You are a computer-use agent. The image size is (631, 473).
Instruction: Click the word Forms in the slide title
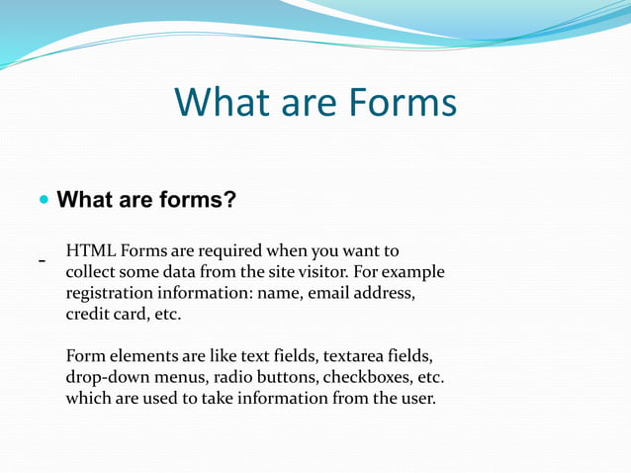[x=401, y=103]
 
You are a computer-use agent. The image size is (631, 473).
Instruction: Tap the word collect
[x=92, y=271]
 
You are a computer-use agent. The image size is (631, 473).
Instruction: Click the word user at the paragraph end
[x=414, y=400]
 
